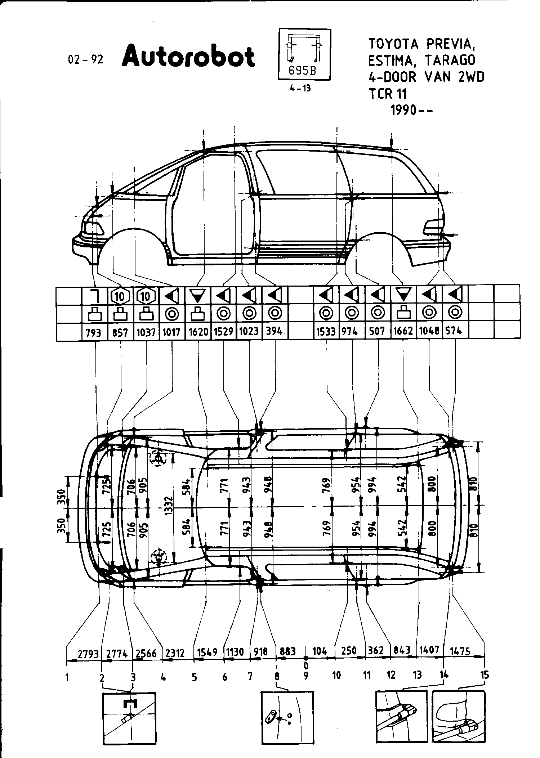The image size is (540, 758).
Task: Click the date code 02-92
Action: [85, 59]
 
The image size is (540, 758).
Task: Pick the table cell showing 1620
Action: [198, 331]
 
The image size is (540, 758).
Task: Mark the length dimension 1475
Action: [460, 651]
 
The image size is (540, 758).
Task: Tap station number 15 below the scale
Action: [485, 675]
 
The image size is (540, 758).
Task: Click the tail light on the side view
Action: [433, 227]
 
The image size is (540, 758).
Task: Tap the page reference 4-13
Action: [300, 88]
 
